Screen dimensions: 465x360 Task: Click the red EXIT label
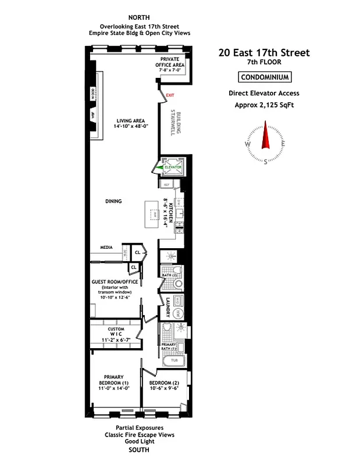point(170,95)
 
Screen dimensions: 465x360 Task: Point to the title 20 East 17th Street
point(264,53)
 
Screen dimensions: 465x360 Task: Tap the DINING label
point(113,201)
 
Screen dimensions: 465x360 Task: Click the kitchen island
point(153,213)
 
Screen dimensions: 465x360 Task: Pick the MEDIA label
point(106,246)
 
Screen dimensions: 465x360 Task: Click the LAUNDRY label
point(167,306)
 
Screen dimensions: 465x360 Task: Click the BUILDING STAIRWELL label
point(173,122)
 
